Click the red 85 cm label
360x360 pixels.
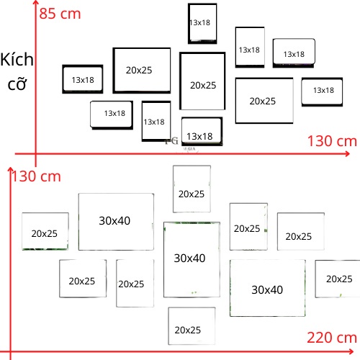coord(60,14)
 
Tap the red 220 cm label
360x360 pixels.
coord(332,338)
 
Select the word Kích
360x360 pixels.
coord(17,59)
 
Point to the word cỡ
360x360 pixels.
coord(17,84)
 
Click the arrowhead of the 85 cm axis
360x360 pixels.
coord(35,2)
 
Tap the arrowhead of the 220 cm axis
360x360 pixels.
coord(351,352)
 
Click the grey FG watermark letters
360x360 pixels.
coord(172,141)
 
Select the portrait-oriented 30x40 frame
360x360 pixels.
coord(192,260)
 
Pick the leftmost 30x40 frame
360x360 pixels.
coord(116,222)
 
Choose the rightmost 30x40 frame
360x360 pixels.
coord(268,288)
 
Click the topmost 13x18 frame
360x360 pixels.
coord(202,24)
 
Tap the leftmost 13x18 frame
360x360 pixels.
coord(83,79)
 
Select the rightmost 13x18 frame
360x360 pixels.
coord(322,91)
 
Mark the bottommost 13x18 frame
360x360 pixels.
coord(202,131)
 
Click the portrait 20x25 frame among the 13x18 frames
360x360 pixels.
coord(202,81)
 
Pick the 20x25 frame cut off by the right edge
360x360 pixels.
coord(338,279)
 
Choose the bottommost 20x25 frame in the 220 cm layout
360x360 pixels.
coord(192,326)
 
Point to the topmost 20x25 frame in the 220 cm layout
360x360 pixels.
coord(192,189)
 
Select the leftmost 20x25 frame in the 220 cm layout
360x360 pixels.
coord(45,231)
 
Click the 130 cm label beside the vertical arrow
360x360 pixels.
coord(37,176)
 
